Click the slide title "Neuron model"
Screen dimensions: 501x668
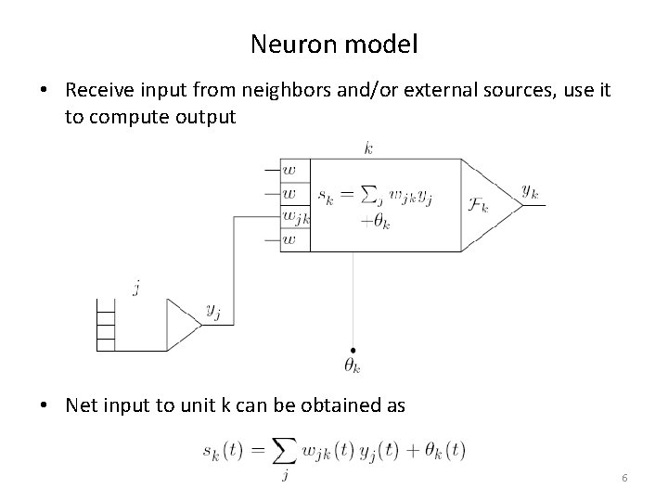[333, 43]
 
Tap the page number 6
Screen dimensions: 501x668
[624, 477]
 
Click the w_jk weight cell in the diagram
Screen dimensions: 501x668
[296, 217]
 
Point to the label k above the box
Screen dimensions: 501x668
[369, 148]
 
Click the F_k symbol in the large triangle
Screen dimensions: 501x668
[479, 203]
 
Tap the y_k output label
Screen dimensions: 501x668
[531, 192]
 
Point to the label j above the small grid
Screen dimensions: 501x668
[135, 289]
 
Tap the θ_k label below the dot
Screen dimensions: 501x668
[353, 366]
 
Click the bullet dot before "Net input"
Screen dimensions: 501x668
[45, 405]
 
